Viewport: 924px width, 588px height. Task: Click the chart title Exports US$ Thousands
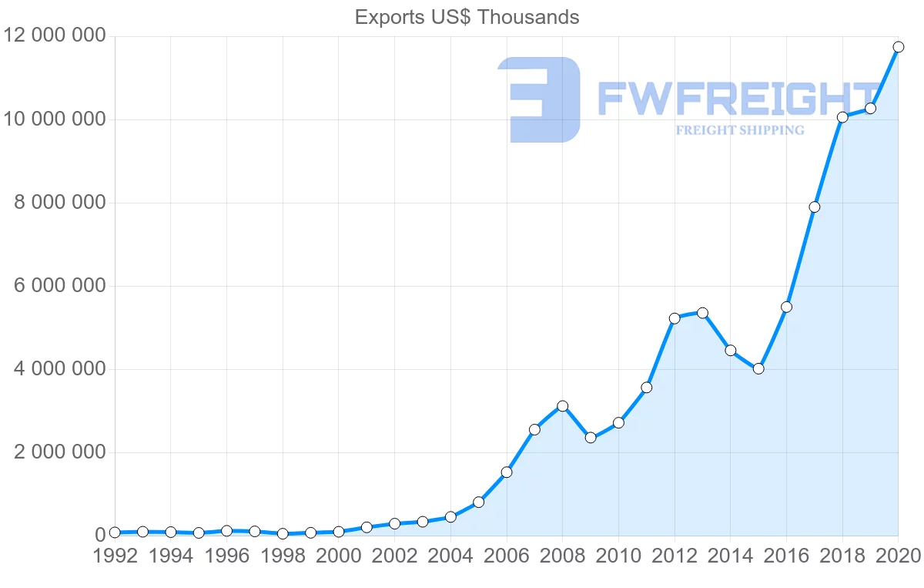coord(467,17)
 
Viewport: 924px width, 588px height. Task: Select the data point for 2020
coord(898,47)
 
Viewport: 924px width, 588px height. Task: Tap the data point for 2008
coord(562,406)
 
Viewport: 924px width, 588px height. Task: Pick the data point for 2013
coord(702,313)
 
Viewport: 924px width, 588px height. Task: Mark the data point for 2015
coord(758,368)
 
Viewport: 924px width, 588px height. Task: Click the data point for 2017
coord(814,207)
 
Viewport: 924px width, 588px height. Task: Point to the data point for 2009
coord(591,438)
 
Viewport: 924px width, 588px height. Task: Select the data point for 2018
coord(842,117)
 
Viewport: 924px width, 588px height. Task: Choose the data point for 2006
coord(507,472)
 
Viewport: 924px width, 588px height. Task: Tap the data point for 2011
coord(647,388)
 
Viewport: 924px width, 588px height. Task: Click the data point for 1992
coord(115,533)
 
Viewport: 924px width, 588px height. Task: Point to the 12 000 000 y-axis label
coord(54,36)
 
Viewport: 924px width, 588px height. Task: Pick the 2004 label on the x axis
coord(450,556)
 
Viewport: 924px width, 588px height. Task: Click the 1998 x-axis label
coord(283,556)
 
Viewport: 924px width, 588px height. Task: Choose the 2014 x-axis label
coord(730,556)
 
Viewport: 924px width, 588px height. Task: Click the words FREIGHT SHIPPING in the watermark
coord(740,130)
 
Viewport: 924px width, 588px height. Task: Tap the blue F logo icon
coord(540,99)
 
